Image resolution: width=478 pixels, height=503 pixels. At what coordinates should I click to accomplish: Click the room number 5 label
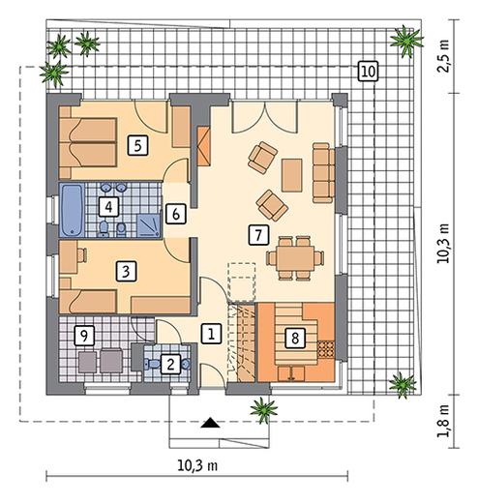137,146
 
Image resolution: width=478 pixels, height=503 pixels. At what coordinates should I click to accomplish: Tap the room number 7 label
258,234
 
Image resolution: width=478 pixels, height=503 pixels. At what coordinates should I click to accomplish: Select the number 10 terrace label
368,72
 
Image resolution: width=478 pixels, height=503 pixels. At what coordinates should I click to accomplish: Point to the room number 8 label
295,339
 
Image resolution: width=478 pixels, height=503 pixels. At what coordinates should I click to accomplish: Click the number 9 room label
84,337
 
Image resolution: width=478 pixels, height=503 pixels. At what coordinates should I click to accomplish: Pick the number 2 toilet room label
170,365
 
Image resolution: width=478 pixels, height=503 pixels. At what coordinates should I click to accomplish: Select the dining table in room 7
295,258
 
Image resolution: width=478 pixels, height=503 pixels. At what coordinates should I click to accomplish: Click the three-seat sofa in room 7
323,173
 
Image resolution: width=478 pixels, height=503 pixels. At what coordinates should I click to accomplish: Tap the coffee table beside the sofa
292,175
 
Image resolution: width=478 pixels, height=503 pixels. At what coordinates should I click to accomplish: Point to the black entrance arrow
210,423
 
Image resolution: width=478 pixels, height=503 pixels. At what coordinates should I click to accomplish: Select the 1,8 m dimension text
444,421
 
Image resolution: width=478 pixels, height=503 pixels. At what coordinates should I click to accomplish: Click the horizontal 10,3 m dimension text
197,465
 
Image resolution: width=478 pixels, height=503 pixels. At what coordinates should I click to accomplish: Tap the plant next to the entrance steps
264,410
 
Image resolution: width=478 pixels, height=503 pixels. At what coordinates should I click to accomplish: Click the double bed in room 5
88,142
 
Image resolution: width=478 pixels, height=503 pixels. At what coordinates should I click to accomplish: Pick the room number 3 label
126,271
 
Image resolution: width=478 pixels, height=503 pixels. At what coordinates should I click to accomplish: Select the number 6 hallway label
176,214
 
